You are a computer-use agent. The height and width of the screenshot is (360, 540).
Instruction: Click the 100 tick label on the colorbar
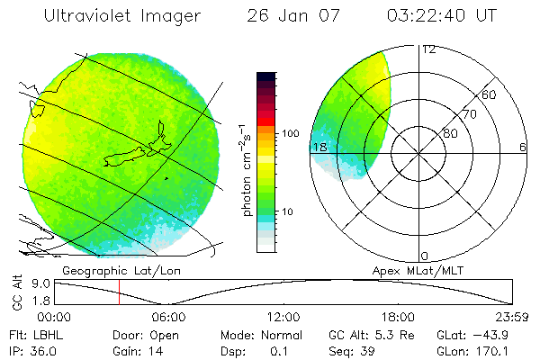[289, 133]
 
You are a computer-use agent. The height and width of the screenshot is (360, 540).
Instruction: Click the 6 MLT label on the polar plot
[522, 147]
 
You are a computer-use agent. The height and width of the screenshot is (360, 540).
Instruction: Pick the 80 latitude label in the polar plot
[450, 133]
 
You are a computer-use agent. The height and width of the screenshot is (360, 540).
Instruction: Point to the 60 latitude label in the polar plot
[490, 94]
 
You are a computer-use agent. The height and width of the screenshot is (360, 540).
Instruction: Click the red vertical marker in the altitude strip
[119, 292]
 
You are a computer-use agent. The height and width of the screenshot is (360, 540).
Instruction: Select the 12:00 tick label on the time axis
[283, 317]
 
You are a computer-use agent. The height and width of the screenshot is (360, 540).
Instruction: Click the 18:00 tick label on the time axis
[398, 317]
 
